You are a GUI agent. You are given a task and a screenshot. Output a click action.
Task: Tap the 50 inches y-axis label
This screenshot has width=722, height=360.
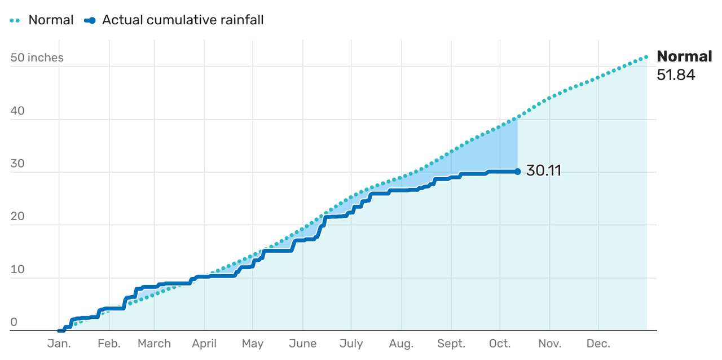pyautogui.click(x=37, y=58)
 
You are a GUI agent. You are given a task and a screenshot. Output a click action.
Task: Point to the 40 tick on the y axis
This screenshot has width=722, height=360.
pyautogui.click(x=17, y=111)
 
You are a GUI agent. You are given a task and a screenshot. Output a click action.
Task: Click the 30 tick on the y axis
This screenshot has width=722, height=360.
pyautogui.click(x=17, y=164)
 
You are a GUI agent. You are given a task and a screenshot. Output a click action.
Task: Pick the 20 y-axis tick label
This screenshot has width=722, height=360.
pyautogui.click(x=17, y=216)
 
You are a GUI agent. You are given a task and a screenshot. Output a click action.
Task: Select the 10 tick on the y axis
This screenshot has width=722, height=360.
pyautogui.click(x=17, y=269)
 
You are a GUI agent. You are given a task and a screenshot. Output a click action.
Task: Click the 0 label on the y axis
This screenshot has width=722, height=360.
pyautogui.click(x=14, y=322)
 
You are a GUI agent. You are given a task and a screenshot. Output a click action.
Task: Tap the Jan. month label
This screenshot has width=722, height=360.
pyautogui.click(x=59, y=344)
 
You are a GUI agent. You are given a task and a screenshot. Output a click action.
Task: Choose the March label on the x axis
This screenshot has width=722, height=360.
pyautogui.click(x=154, y=344)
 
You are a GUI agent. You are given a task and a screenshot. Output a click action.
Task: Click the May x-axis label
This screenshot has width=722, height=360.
pyautogui.click(x=253, y=344)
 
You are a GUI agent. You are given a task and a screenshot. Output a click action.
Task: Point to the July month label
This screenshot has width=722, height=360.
pyautogui.click(x=351, y=344)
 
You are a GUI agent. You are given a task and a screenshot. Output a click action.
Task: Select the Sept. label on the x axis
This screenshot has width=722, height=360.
pyautogui.click(x=451, y=344)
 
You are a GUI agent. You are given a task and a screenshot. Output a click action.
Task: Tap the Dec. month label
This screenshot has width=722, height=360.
pyautogui.click(x=598, y=344)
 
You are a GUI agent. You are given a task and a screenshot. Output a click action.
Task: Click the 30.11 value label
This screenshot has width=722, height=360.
pyautogui.click(x=543, y=171)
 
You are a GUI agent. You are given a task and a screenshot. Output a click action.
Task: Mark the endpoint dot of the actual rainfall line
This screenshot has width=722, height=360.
pyautogui.click(x=517, y=172)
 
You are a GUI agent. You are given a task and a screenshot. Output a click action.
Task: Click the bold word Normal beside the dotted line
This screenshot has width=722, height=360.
pyautogui.click(x=684, y=56)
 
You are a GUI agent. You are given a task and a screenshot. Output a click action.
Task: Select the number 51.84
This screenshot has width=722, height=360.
pyautogui.click(x=676, y=75)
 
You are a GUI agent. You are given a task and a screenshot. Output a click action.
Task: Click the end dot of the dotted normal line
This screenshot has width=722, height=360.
pyautogui.click(x=646, y=57)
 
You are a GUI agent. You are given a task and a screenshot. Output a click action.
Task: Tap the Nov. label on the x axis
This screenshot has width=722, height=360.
pyautogui.click(x=549, y=344)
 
